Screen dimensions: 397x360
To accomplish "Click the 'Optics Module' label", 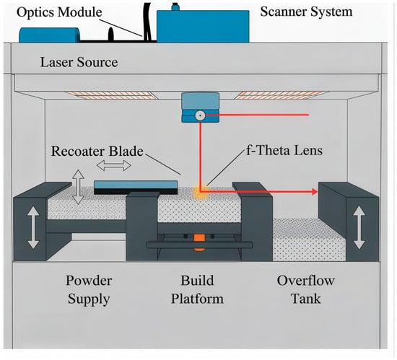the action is (59, 12).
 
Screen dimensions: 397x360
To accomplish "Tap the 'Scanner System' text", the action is (306, 12).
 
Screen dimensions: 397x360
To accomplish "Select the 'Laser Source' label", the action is (79, 62).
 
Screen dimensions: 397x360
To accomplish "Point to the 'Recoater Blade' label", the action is (97, 151).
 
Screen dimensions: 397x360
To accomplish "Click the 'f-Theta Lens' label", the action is (284, 150).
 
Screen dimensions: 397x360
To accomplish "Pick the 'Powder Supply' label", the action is (89, 290).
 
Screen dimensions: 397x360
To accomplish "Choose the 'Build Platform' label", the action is (197, 289).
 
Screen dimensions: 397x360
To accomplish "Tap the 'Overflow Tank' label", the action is (306, 289).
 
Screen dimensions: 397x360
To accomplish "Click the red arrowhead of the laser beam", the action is (315, 192).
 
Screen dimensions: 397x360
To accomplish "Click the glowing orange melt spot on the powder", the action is (200, 192).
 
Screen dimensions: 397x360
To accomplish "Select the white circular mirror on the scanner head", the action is (200, 115).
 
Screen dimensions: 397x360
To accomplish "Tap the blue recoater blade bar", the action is (136, 185).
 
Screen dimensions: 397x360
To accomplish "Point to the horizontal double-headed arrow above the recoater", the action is (113, 166).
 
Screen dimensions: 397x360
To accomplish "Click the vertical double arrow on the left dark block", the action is (33, 228).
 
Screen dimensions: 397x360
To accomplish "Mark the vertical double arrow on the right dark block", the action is (359, 227).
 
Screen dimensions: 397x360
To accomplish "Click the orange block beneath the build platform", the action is (199, 240).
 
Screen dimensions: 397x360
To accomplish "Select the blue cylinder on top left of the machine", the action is (50, 35).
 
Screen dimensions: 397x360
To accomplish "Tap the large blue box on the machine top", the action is (203, 26).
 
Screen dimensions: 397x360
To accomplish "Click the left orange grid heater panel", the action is (110, 95).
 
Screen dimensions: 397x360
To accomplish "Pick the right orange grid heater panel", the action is (282, 95).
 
